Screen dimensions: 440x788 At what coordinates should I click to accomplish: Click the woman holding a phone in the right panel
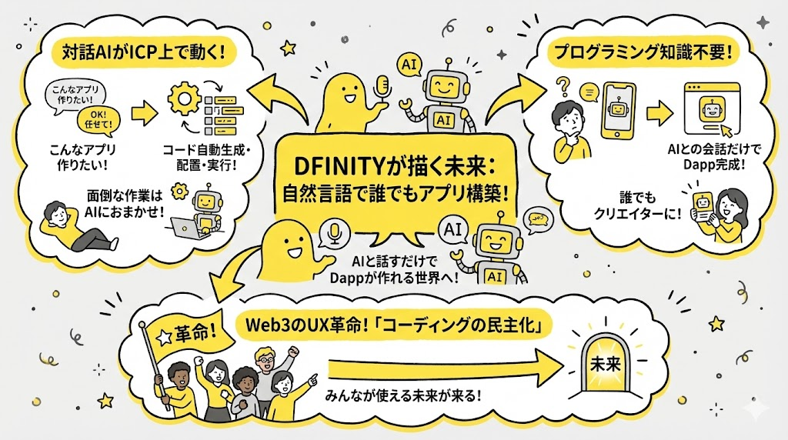click(x=726, y=213)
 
